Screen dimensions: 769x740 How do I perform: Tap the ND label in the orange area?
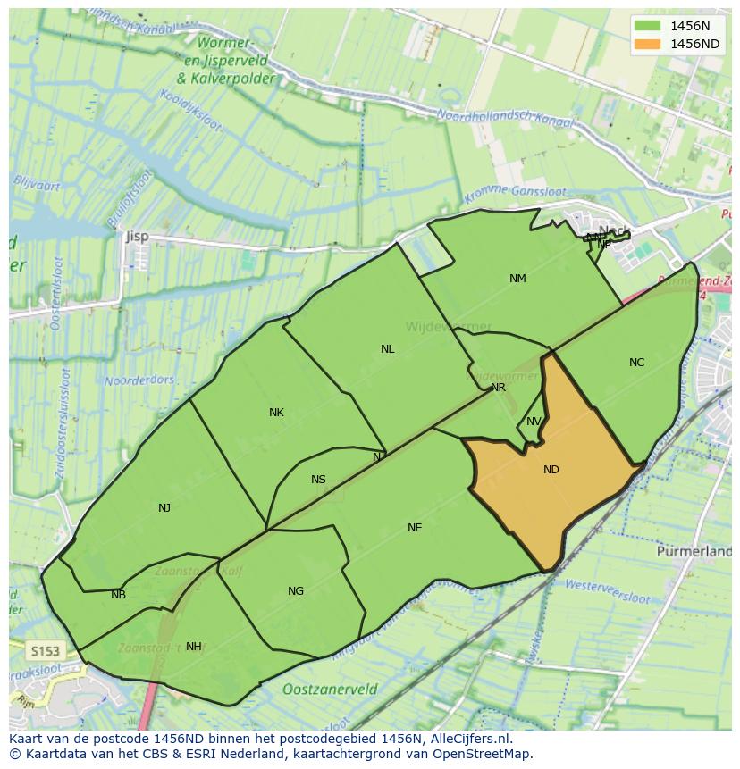[x=551, y=470]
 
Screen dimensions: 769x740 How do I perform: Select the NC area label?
[x=636, y=363]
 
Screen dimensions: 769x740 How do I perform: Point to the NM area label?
[x=517, y=279]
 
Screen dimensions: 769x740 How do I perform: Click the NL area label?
[x=387, y=349]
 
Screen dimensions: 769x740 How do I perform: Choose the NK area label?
[x=276, y=413]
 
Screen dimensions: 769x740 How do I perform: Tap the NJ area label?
[x=164, y=508]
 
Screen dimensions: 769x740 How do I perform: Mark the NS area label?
[x=318, y=480]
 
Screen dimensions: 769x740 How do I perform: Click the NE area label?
[x=415, y=528]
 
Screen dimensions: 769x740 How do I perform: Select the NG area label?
[x=296, y=591]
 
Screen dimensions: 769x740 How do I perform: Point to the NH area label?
[x=193, y=647]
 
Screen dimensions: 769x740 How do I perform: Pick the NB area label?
[x=118, y=595]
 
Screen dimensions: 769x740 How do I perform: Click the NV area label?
[x=534, y=422]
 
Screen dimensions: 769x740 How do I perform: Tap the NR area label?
[x=498, y=388]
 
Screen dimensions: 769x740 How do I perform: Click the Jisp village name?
[x=137, y=237]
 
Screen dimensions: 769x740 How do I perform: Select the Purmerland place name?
[x=694, y=552]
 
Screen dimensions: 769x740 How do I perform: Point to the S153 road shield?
[x=43, y=651]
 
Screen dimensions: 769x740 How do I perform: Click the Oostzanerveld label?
[x=330, y=690]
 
